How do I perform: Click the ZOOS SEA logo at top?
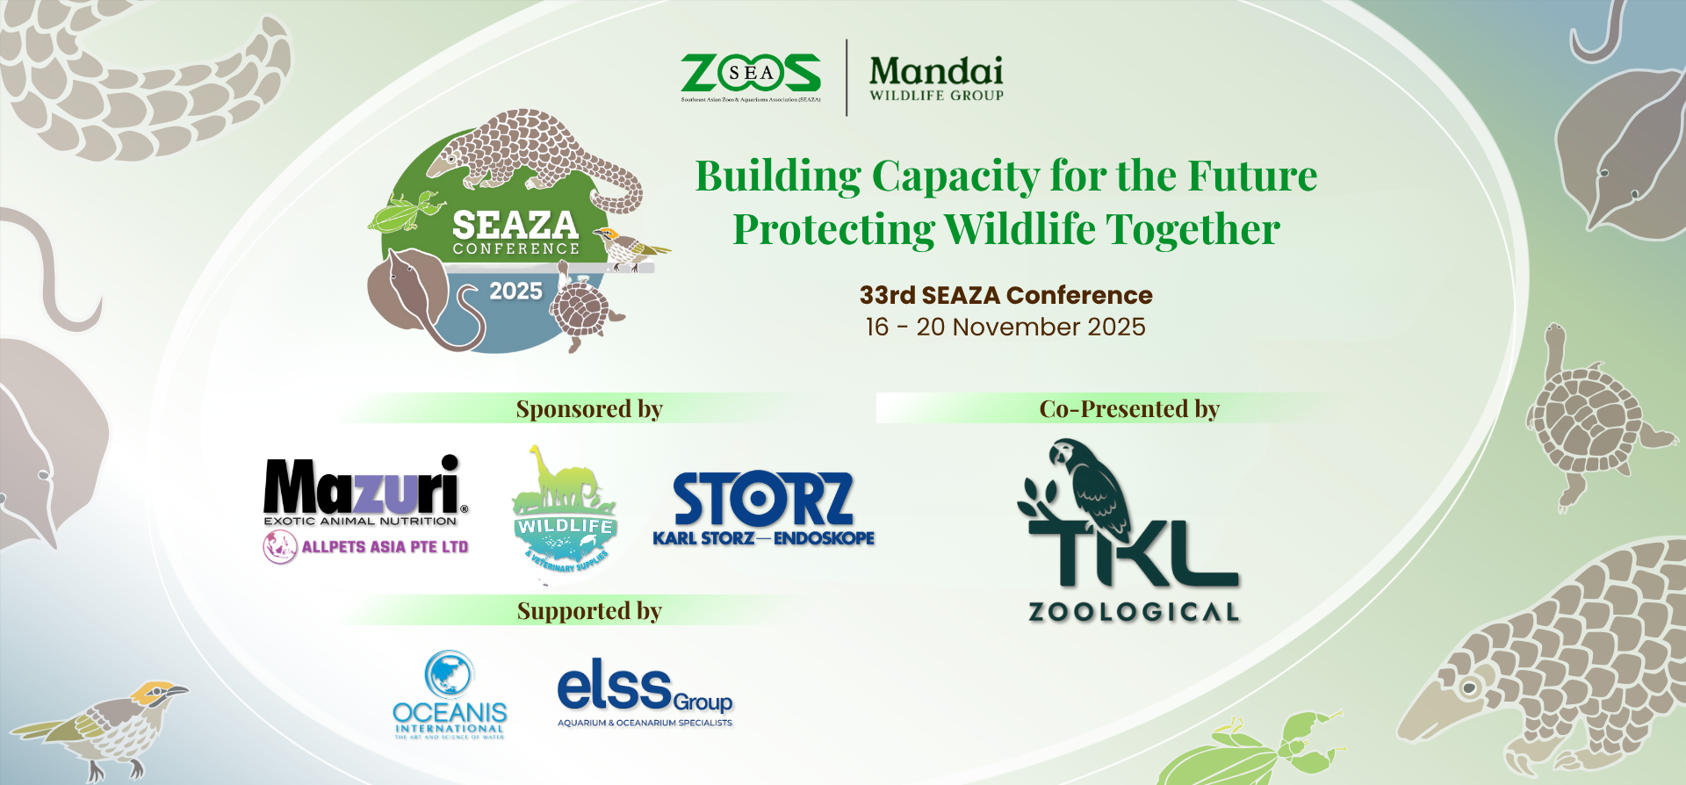coord(751,76)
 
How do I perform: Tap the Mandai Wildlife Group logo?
coord(936,77)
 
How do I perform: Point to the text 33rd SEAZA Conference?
coord(1005,295)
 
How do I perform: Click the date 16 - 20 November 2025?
coord(1005,327)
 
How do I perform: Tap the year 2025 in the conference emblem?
coord(515,292)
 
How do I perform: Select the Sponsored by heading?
coord(589,409)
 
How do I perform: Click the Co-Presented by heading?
coord(1129,409)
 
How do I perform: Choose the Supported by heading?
coord(589,611)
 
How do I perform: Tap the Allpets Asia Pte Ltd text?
coord(384,547)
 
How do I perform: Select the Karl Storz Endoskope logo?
coord(763,509)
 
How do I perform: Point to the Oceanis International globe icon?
coord(449,673)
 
